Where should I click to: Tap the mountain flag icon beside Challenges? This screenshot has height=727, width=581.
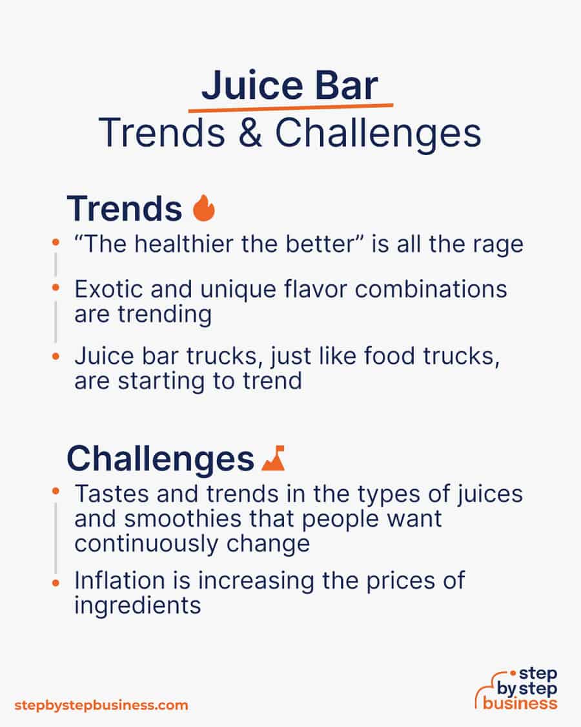tap(273, 458)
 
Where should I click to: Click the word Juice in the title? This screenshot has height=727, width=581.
tap(252, 85)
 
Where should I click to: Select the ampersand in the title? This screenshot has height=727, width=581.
tap(250, 132)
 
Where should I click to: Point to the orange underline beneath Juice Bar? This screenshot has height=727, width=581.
tap(290, 108)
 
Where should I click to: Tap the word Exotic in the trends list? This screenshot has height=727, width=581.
tap(109, 290)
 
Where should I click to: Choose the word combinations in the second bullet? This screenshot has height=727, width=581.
tap(431, 290)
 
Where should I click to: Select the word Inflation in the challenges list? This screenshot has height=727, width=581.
tap(119, 580)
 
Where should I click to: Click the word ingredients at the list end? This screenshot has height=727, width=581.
tap(138, 606)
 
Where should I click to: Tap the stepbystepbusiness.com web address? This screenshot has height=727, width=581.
tap(101, 705)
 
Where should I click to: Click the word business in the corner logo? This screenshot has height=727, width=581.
tap(520, 703)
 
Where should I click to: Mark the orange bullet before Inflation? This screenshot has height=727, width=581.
tap(56, 583)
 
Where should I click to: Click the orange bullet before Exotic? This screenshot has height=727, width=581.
tap(56, 288)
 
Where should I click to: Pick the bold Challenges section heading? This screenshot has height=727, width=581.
tap(160, 459)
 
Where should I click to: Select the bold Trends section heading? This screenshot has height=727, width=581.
tap(125, 209)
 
